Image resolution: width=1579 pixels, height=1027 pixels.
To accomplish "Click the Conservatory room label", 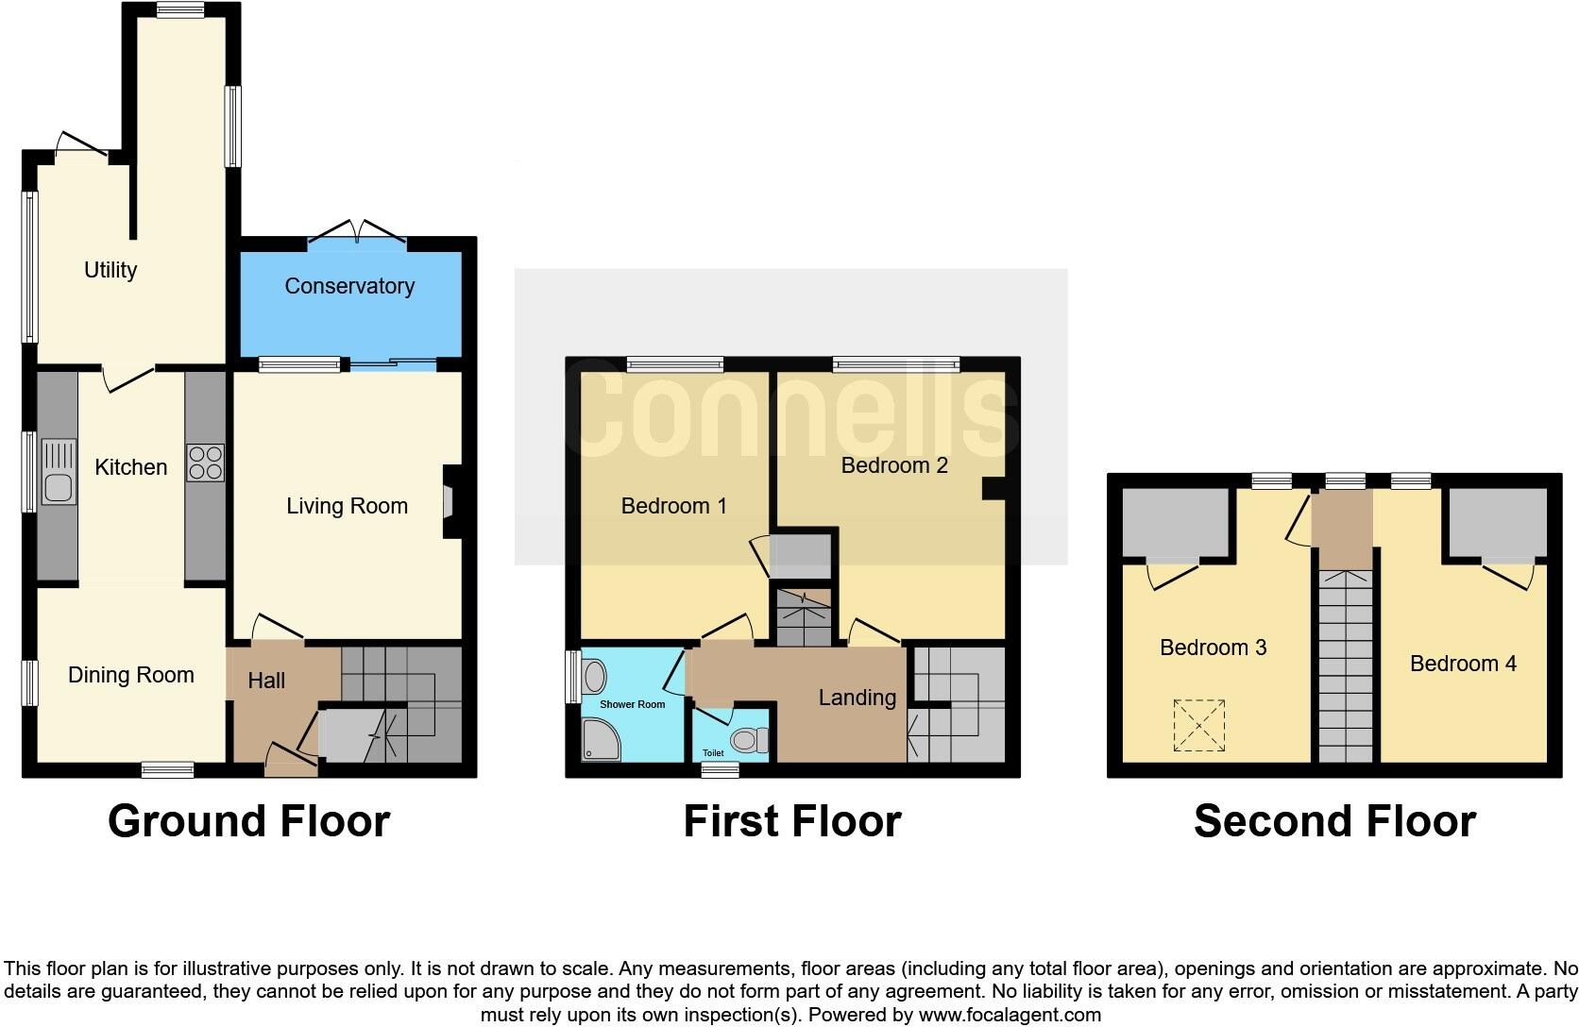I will pos(349,286).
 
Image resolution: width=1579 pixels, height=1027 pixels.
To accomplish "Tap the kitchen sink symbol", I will pos(59,472).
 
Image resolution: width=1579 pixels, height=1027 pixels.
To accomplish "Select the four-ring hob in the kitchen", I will pos(205,463).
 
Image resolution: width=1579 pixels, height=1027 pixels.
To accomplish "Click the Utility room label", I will pos(110,270).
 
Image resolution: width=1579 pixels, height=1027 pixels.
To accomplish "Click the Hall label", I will pos(266,681).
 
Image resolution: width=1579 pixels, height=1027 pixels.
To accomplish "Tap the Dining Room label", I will pos(130,675).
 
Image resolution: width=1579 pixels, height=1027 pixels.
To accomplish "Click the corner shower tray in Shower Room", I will pos(601,740).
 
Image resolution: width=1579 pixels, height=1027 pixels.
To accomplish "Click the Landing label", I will pos(857,698).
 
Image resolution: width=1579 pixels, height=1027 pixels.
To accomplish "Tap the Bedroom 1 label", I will pos(673,506).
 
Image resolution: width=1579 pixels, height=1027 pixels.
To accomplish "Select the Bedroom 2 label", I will pos(893,465).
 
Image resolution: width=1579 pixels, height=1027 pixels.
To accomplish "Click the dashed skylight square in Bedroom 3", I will pos(1198,725).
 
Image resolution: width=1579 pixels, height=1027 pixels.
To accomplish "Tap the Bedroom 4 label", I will pos(1462,664).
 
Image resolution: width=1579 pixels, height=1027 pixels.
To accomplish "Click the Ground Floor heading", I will pos(248,821).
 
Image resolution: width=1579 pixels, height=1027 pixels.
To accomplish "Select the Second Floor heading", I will pos(1333,821).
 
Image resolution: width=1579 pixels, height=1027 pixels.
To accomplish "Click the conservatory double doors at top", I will pos(358,232).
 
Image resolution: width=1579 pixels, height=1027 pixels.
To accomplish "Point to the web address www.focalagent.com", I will pos(1010,1016).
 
